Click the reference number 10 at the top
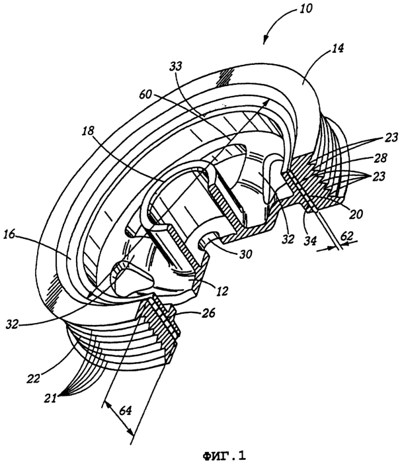pos(305,9)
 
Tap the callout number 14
pos(338,48)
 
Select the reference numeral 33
pos(177,66)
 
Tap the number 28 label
pos(380,158)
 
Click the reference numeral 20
pos(356,214)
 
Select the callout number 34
pos(309,240)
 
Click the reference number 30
pos(246,254)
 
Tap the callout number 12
pos(222,291)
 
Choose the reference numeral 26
pos(208,313)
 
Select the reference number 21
pos(50,398)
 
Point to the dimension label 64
pos(125,411)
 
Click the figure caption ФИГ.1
pos(224,455)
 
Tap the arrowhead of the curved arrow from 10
pos(265,42)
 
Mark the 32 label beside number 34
pos(288,239)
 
